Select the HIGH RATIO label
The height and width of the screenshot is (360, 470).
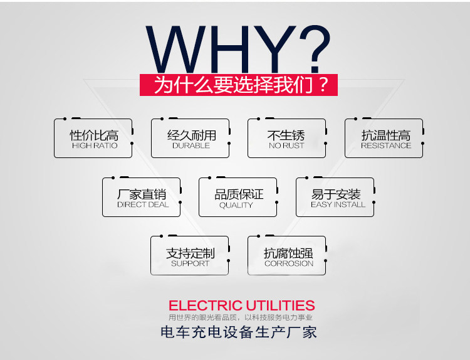click(94, 146)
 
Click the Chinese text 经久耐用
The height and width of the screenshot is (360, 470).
click(191, 135)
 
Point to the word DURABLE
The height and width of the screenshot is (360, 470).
click(191, 146)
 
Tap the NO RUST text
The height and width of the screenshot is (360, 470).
click(286, 146)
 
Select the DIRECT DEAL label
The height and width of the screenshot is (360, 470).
click(142, 204)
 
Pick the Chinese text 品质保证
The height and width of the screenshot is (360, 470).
click(239, 194)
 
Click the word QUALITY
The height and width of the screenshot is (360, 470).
click(236, 205)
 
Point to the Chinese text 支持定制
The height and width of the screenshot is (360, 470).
click(191, 253)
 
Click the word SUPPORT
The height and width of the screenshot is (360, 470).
click(191, 263)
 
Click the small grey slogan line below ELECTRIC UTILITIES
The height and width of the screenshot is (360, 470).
click(241, 318)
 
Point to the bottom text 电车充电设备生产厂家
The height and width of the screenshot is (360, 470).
click(239, 332)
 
